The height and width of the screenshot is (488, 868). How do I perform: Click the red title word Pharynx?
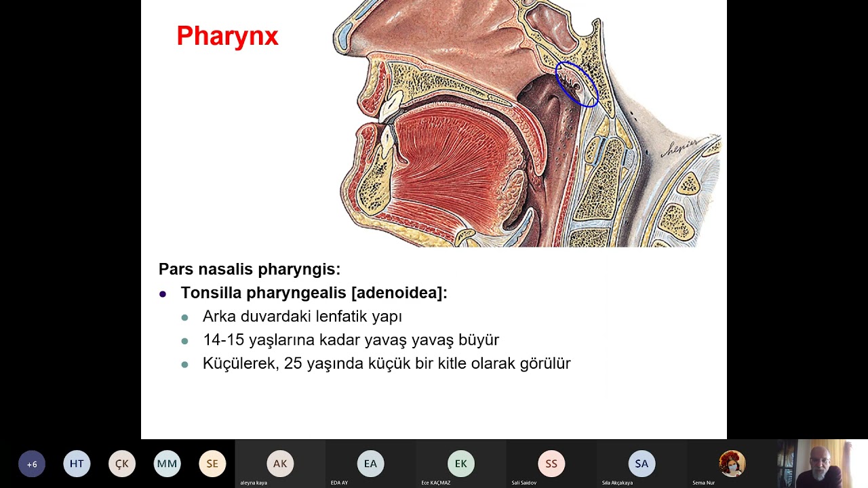click(227, 36)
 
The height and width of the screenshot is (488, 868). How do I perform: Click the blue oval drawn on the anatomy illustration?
click(577, 84)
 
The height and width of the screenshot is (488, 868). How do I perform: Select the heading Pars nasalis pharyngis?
click(249, 269)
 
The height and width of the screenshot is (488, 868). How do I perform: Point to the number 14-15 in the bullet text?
click(223, 340)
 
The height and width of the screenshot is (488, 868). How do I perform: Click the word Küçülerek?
click(240, 363)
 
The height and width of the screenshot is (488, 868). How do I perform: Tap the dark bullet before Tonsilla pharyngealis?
click(163, 294)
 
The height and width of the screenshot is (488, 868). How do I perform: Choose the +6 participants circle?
click(32, 464)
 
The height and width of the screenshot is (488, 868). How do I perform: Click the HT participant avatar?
click(77, 464)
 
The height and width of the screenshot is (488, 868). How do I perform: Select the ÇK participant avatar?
click(122, 464)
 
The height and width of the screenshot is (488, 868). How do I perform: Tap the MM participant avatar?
click(167, 464)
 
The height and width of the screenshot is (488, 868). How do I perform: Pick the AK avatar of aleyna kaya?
click(280, 464)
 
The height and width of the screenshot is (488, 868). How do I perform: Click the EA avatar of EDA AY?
click(370, 464)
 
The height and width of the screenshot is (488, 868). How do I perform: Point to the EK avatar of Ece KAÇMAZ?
click(461, 464)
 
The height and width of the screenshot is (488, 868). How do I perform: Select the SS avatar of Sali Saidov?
click(551, 464)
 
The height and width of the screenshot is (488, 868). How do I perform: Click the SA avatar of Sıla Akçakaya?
click(642, 464)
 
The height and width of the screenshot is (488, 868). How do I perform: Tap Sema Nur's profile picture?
click(732, 464)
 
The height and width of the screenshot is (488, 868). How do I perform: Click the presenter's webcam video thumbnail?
click(822, 464)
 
